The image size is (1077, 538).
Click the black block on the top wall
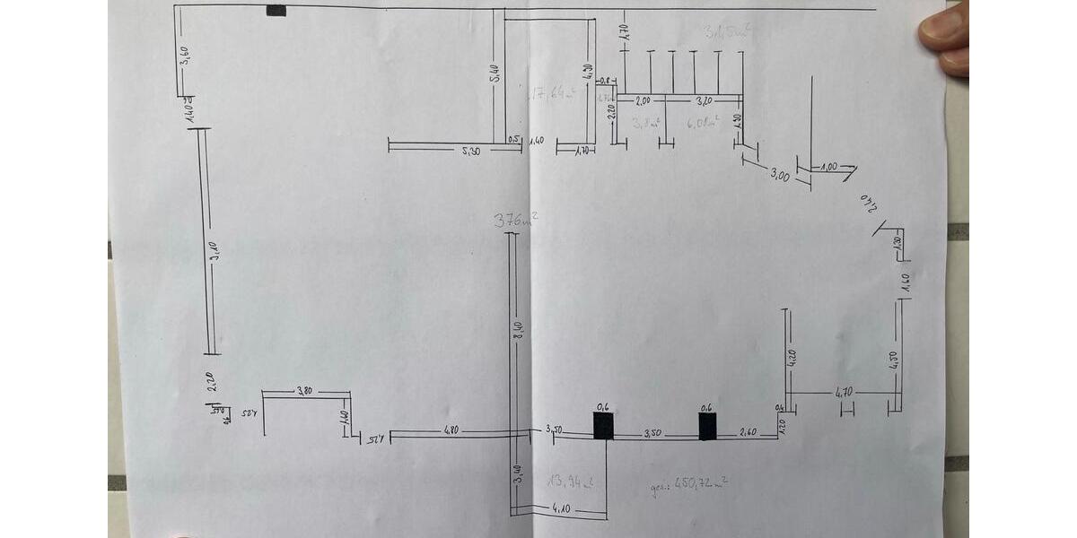[x=276, y=11]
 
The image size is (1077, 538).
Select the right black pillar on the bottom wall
[x=707, y=424]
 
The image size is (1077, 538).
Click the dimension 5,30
[x=470, y=152]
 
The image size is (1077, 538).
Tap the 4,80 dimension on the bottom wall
[x=451, y=430]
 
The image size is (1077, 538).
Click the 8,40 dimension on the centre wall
[x=518, y=329]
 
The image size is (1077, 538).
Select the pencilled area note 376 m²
[x=515, y=220]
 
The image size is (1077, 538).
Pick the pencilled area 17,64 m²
[x=553, y=93]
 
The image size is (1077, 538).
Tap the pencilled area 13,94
[x=567, y=481]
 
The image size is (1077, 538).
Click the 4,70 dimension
[x=844, y=392]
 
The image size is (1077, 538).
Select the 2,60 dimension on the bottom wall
[x=747, y=433]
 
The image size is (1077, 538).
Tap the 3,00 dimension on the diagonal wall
[x=779, y=177]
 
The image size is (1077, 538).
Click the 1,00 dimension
[x=828, y=167]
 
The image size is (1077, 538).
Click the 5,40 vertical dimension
[x=495, y=74]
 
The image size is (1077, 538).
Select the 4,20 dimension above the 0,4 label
[x=792, y=357]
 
